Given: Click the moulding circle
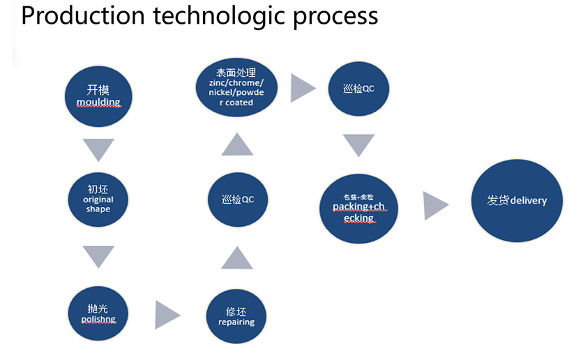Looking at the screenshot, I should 98,96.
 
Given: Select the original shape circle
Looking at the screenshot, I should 98,199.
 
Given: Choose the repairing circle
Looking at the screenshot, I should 236,316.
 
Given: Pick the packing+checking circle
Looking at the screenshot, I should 358,207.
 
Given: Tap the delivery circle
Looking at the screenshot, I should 517,200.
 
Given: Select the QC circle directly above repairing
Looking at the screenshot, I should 236,200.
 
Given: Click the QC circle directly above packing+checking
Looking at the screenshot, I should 358,89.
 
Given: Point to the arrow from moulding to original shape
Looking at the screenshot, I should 98,149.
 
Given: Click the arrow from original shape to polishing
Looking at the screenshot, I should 98,256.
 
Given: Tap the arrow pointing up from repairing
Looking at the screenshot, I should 236,258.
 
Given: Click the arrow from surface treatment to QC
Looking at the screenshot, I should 302,87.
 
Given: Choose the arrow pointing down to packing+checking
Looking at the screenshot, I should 358,145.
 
